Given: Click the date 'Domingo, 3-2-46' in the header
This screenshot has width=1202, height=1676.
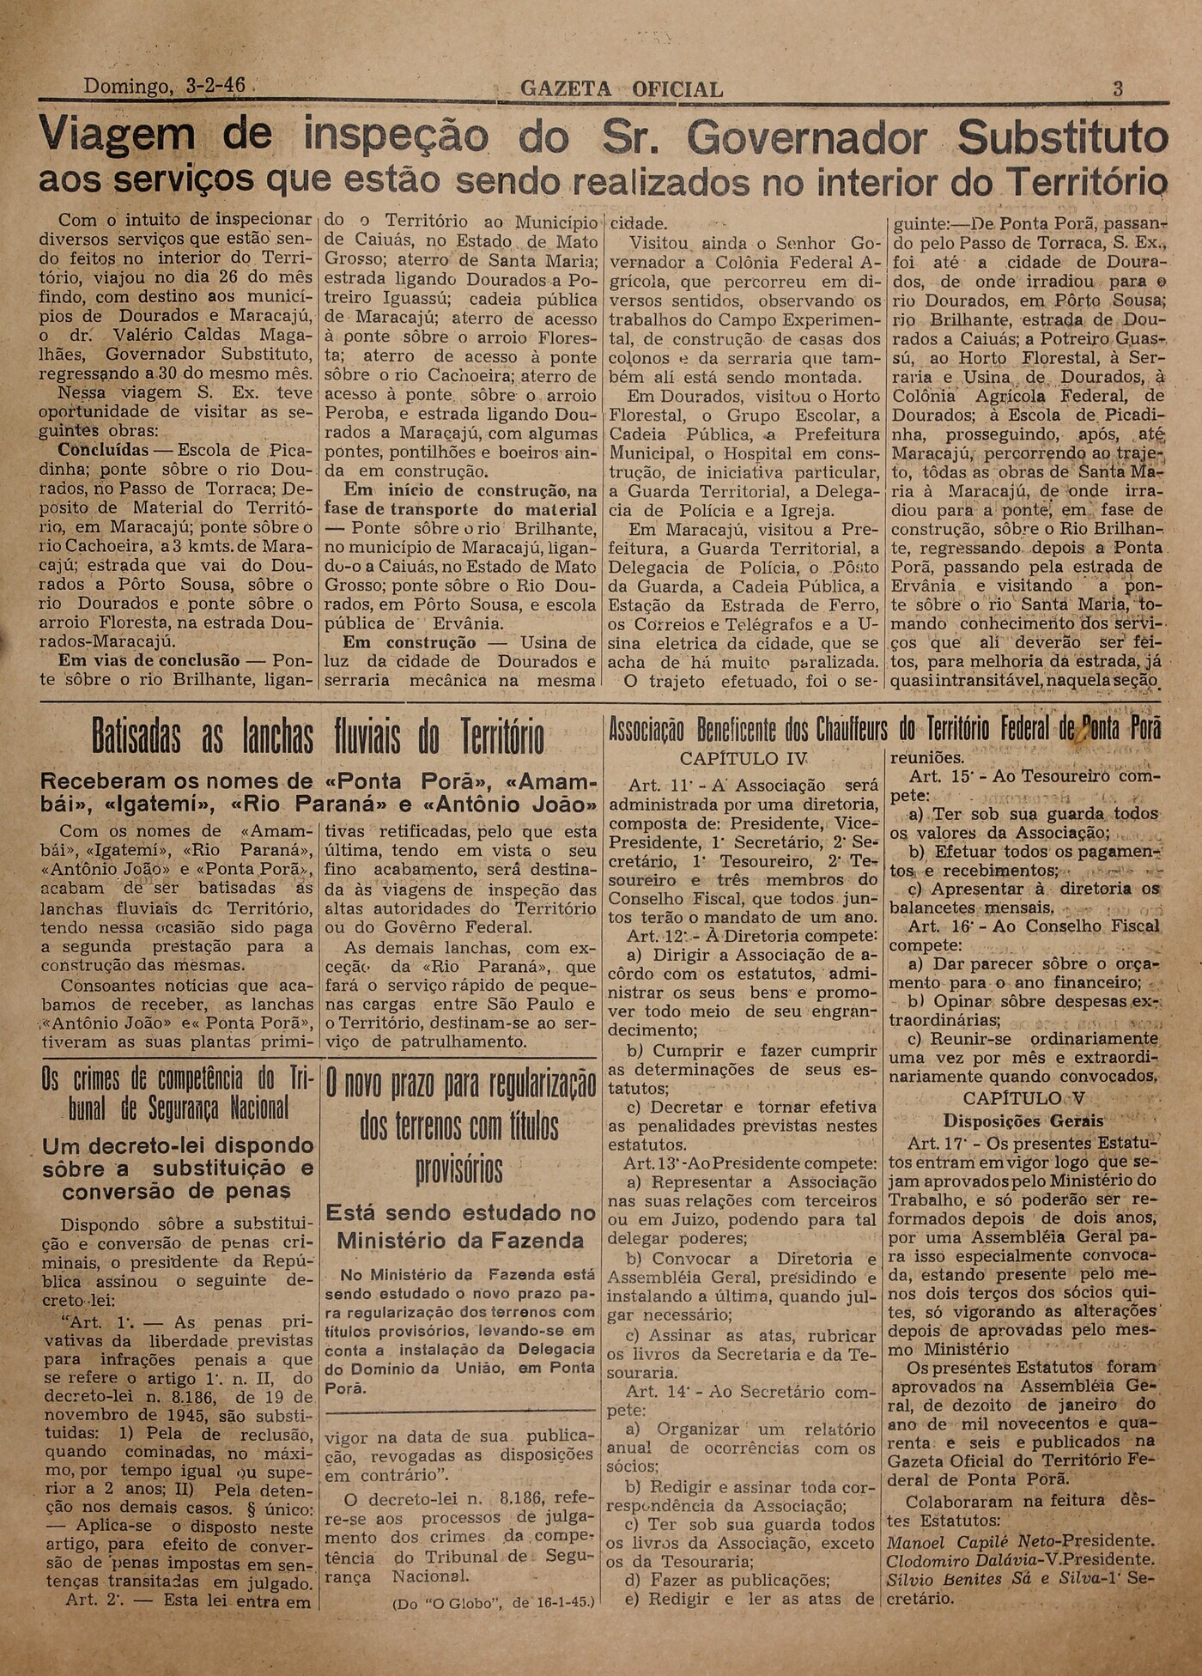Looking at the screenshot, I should click(164, 86).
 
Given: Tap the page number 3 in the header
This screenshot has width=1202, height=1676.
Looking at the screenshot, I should click(1118, 88).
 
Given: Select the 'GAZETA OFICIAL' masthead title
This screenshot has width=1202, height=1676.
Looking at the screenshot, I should click(622, 89).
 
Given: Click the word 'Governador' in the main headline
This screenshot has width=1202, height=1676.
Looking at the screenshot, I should click(807, 137).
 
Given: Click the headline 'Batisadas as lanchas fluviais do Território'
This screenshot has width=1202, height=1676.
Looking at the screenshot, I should click(318, 737).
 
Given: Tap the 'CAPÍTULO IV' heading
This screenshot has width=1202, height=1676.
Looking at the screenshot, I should click(744, 759).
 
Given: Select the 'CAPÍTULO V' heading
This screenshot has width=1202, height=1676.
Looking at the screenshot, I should click(1023, 1098).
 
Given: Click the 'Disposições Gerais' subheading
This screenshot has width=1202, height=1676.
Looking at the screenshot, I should click(1023, 1120).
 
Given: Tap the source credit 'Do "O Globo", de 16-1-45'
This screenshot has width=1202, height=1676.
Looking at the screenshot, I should click(493, 1603).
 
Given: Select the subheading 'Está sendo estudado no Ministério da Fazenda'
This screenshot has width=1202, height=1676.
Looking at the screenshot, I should click(460, 1226).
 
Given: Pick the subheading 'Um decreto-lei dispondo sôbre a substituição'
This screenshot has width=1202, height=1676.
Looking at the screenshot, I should click(179, 1157).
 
